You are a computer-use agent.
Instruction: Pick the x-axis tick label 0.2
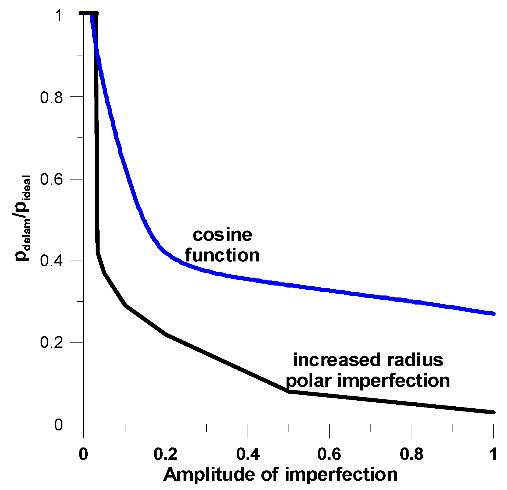coord(165,454)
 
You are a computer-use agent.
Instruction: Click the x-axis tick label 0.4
coord(248,454)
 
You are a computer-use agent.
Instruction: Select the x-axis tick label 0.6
coord(329,454)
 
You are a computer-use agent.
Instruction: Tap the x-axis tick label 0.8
coord(411,454)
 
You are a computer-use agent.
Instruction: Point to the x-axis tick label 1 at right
coord(494,454)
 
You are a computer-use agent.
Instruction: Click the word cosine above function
coord(222,235)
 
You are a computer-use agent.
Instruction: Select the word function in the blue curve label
coord(222,255)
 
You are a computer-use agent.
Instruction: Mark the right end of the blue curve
coord(494,314)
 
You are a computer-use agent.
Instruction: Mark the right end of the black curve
coord(494,412)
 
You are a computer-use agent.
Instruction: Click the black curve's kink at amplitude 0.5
coord(289,391)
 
